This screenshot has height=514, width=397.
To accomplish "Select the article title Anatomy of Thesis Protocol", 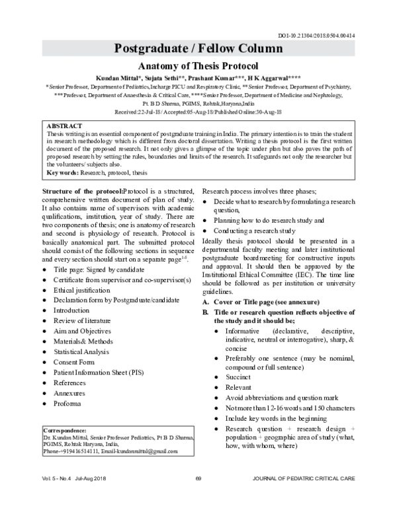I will click(198, 66).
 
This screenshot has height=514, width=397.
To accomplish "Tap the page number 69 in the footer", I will click(198, 497).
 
